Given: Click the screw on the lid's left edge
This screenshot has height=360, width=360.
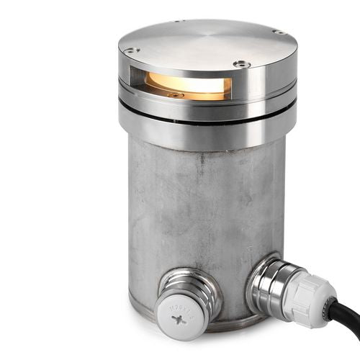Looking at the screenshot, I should pyautogui.click(x=130, y=50).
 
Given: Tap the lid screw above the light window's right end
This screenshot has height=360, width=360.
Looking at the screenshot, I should pyautogui.click(x=242, y=64).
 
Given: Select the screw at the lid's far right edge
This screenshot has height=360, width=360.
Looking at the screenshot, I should pyautogui.click(x=278, y=32).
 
